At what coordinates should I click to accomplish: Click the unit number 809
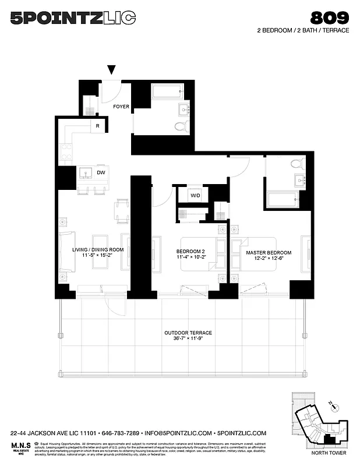coord(330,17)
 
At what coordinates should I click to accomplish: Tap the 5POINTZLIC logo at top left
coord(73,19)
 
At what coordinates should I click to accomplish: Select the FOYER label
coord(121,107)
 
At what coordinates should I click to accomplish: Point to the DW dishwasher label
coord(101,172)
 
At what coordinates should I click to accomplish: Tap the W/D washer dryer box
coord(196,195)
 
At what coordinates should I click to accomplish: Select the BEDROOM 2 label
coord(190,253)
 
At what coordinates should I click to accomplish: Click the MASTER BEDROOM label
coord(269,253)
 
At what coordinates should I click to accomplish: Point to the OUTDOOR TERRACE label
coord(188,333)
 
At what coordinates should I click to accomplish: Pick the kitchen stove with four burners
coord(66,151)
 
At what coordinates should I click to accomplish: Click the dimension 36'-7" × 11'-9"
coord(188,340)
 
